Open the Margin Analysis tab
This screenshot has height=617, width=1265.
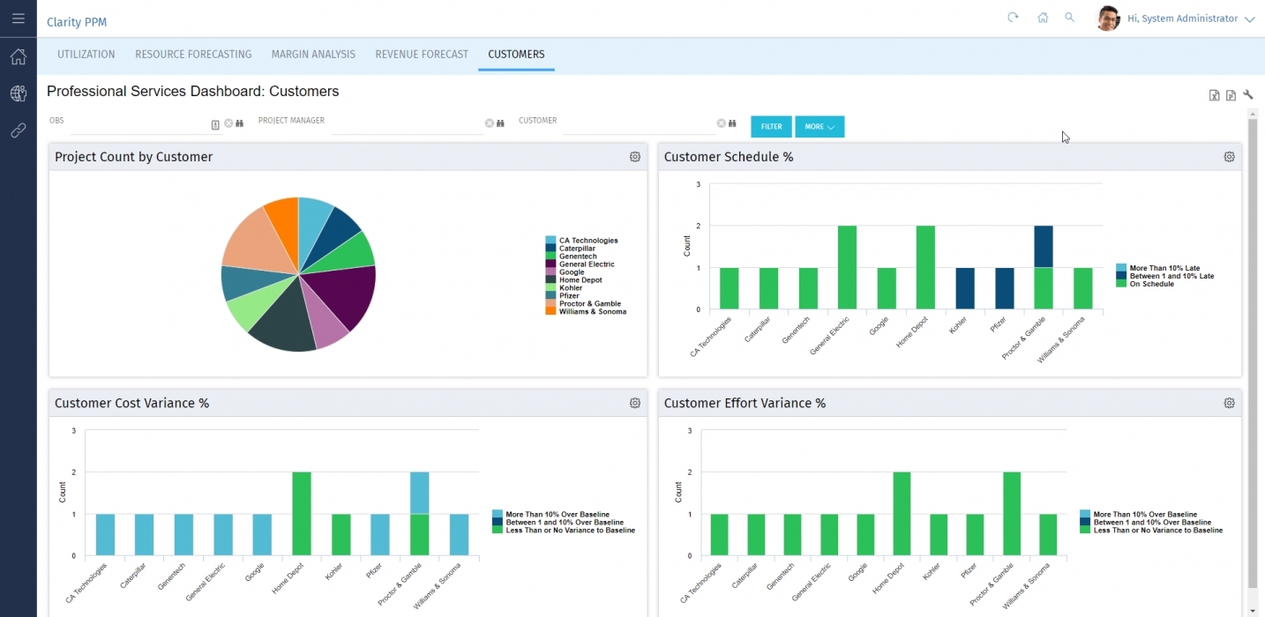click(x=313, y=55)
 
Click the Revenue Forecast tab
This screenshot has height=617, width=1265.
click(x=422, y=55)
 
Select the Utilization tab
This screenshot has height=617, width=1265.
click(x=86, y=55)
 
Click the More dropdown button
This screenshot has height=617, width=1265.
click(x=820, y=127)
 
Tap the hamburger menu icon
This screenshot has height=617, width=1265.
click(x=19, y=19)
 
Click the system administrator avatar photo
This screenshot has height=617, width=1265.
click(x=1108, y=19)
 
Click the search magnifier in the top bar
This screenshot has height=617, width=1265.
click(x=1070, y=18)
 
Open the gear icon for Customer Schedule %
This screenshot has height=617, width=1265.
click(x=1229, y=157)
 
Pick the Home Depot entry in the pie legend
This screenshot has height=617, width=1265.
click(x=580, y=280)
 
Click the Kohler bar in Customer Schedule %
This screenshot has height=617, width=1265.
click(x=965, y=288)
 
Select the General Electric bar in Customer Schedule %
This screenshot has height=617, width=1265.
click(x=847, y=267)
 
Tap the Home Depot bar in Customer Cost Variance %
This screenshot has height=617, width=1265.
click(x=302, y=514)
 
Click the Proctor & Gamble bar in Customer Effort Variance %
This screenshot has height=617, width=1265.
click(x=1011, y=514)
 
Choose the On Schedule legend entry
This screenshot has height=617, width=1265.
click(x=1150, y=284)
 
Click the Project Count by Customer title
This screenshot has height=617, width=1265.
click(x=134, y=157)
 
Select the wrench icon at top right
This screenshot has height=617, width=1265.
click(x=1248, y=95)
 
